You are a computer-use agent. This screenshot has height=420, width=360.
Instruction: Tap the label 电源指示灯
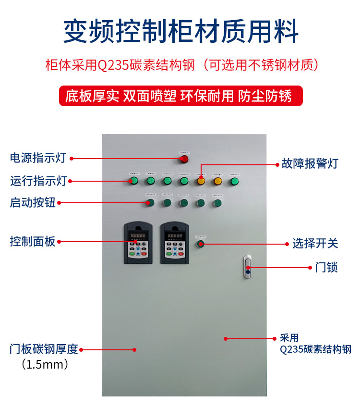click(38, 158)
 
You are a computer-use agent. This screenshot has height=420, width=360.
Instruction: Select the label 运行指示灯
click(38, 181)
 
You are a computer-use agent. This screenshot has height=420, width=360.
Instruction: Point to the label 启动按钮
click(33, 203)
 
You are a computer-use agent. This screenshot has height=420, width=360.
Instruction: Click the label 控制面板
click(33, 241)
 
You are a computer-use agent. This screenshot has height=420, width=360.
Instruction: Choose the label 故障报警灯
click(310, 164)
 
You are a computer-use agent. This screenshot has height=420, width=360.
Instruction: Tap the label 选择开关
click(315, 244)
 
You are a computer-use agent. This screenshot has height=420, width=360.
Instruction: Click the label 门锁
click(326, 267)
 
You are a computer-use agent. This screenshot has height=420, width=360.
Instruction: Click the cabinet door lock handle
click(248, 267)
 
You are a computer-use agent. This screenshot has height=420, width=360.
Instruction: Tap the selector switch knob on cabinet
click(200, 244)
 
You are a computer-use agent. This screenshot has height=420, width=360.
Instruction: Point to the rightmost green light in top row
click(234, 181)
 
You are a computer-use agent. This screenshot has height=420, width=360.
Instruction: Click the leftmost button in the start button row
click(150, 203)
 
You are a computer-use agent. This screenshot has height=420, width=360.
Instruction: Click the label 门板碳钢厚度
click(44, 349)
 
